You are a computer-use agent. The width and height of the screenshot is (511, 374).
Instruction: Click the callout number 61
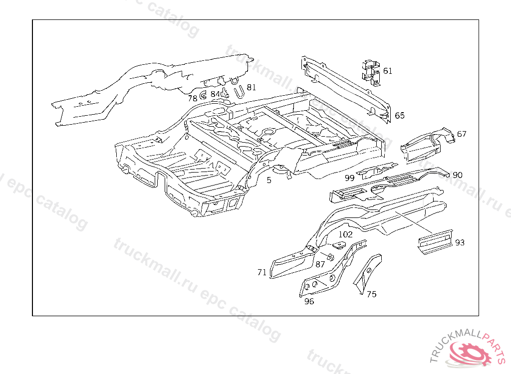388,71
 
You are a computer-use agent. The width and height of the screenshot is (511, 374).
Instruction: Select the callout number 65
400,116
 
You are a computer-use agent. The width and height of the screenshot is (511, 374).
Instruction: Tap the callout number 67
462,134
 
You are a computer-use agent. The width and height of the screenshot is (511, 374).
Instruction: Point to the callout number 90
457,175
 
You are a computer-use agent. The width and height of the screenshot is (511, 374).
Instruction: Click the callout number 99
349,178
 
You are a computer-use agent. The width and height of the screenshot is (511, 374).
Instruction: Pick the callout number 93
460,242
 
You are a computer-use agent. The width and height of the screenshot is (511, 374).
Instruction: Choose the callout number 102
345,234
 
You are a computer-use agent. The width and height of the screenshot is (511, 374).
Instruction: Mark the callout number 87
320,264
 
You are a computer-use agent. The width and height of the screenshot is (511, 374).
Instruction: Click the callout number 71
262,272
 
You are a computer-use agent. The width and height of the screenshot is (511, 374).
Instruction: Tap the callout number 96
309,301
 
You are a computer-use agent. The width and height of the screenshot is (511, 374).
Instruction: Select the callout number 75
371,294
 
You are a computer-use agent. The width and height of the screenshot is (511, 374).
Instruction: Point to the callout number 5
269,180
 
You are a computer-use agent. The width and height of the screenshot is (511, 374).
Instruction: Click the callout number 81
251,87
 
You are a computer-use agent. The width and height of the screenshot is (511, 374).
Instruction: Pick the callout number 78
193,98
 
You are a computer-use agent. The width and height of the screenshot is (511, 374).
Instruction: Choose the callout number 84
215,94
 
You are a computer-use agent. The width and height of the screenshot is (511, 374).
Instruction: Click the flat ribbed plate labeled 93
435,241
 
